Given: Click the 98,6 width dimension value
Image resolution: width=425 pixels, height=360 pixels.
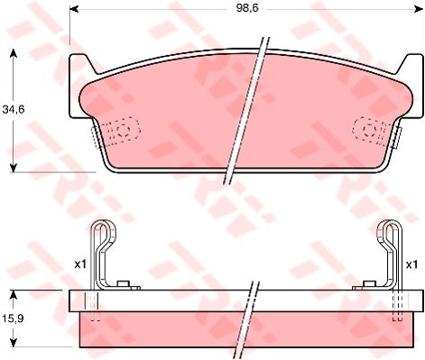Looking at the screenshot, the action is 247,8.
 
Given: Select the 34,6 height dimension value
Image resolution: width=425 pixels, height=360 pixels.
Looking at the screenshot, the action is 14,109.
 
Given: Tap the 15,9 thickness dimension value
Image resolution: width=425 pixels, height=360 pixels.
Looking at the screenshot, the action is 14,318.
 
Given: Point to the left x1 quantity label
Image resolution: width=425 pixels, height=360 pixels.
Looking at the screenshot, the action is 80,264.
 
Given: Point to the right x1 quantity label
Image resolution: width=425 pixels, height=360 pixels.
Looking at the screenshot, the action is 411,264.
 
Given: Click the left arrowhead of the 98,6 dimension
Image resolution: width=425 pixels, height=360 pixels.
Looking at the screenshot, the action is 74,9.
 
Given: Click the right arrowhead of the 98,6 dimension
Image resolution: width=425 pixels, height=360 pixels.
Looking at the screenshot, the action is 418,9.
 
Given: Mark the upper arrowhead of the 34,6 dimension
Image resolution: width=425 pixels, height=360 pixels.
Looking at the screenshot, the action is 13,53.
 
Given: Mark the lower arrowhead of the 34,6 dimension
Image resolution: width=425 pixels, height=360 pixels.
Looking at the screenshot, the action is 13,168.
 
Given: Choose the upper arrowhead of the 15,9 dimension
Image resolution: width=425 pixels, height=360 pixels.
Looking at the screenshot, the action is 13,295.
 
